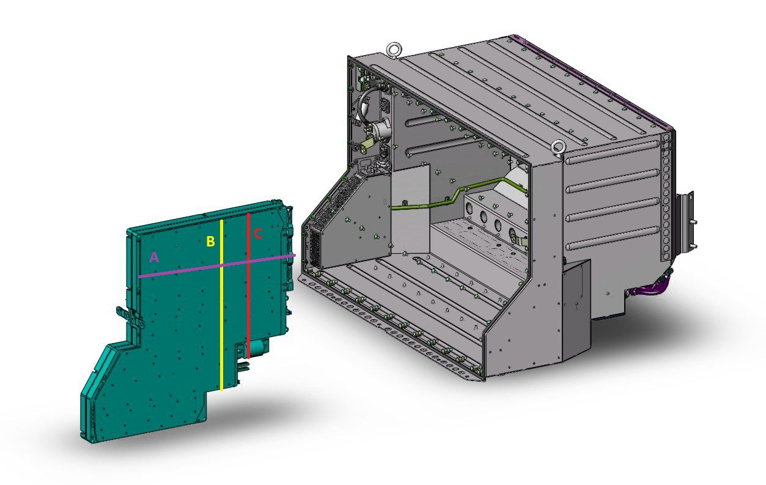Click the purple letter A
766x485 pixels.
154,257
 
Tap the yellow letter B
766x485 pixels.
210,241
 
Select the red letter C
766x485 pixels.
258,234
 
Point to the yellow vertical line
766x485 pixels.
221,305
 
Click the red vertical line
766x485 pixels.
249,286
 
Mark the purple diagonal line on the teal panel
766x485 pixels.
217,266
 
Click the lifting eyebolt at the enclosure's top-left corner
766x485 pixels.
393,49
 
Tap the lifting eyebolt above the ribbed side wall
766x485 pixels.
558,147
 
